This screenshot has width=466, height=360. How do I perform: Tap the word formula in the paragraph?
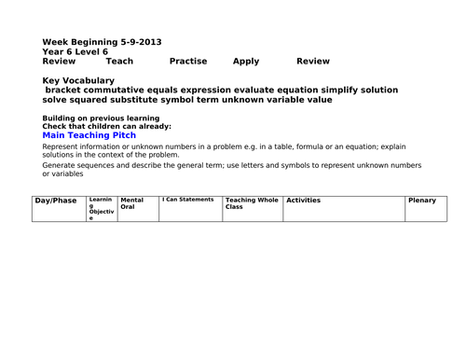click(257, 147)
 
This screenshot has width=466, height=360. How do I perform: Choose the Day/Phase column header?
click(56, 201)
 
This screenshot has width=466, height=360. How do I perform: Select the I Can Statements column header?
click(189, 200)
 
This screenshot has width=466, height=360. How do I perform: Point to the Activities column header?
click(304, 201)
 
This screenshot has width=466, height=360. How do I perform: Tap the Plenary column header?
click(425, 201)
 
